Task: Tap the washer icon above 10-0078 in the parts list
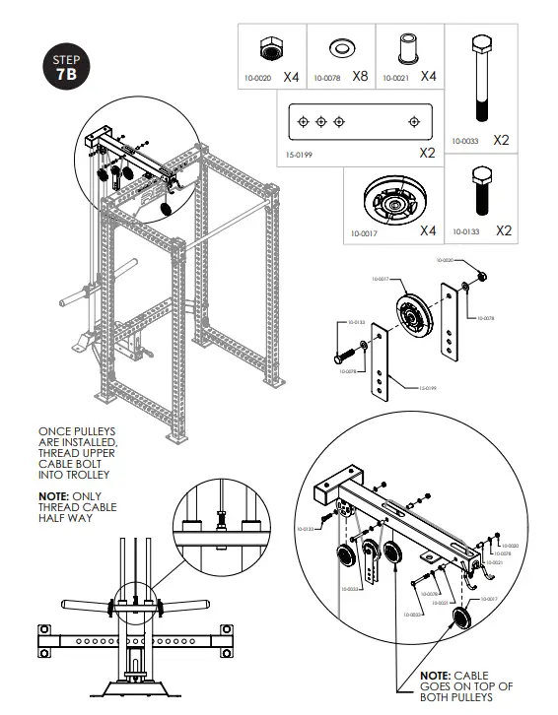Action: tap(338, 48)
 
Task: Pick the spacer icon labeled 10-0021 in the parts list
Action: tap(403, 49)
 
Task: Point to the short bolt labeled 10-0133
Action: tap(479, 192)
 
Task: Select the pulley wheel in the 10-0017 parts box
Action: tap(383, 205)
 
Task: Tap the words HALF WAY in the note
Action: tap(65, 518)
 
